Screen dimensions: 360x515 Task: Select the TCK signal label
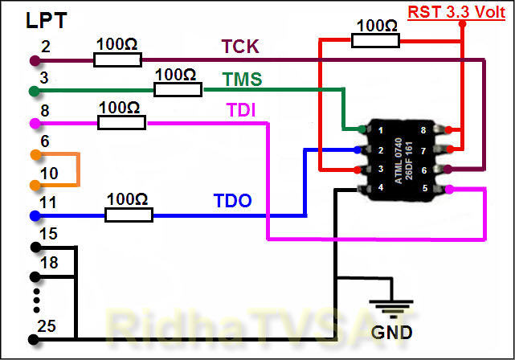point(240,48)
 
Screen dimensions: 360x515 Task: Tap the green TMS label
point(243,80)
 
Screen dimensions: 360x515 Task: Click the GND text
point(392,331)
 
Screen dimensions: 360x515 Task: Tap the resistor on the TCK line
point(117,59)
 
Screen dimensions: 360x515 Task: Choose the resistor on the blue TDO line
point(129,215)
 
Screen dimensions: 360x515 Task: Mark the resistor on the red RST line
point(376,39)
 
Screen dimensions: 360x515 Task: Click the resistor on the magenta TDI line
point(121,122)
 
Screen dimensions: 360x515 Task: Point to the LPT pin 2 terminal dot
point(35,60)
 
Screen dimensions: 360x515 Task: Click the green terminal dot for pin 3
point(35,91)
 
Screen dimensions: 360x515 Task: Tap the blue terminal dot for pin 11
point(35,216)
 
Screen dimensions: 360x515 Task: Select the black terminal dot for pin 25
point(35,339)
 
